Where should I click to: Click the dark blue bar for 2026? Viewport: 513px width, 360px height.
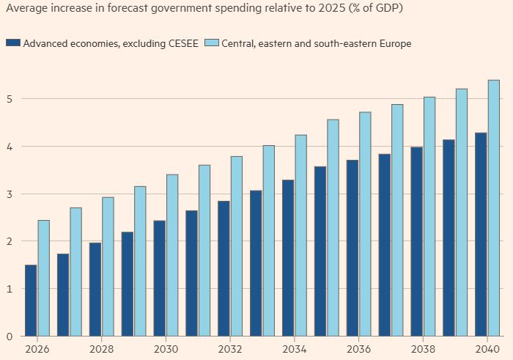click(x=31, y=301)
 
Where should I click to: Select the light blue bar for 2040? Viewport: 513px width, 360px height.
click(x=494, y=208)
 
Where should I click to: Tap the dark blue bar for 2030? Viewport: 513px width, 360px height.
click(x=159, y=279)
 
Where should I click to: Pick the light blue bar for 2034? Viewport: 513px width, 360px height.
click(x=301, y=235)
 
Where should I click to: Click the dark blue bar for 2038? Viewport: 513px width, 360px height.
click(x=416, y=241)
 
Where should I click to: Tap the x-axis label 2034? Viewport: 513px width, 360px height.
click(x=294, y=349)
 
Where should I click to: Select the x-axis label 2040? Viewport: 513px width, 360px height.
click(x=488, y=349)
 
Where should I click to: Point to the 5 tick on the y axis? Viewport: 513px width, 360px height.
click(x=9, y=98)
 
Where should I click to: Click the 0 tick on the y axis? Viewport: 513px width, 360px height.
click(x=9, y=337)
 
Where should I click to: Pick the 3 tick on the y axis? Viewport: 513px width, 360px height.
click(x=9, y=194)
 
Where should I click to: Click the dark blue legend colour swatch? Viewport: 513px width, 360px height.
click(x=12, y=43)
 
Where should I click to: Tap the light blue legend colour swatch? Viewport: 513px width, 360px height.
click(x=212, y=43)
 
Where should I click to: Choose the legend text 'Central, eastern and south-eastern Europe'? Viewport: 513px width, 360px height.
click(x=317, y=43)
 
